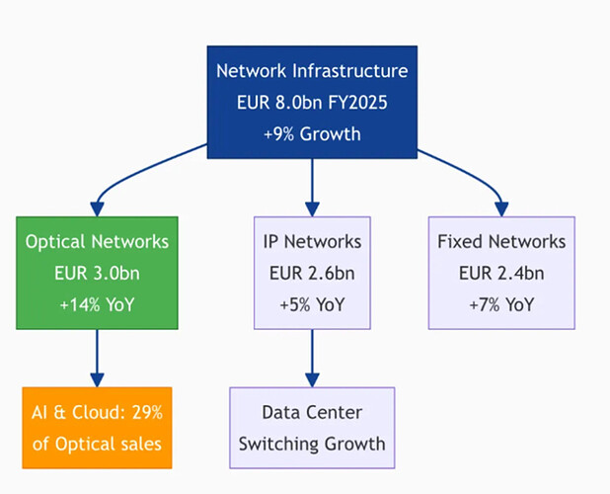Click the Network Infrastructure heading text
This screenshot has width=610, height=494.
312,71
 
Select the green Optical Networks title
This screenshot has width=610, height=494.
97,242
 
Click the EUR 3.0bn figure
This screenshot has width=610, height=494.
97,273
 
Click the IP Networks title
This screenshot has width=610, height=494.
312,242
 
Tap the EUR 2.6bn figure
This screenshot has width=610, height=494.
312,273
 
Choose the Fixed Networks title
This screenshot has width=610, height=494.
500,242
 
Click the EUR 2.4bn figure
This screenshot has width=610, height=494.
500,273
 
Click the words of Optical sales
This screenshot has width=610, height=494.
97,443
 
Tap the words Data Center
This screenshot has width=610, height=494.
312,413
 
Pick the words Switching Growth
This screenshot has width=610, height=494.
312,443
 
